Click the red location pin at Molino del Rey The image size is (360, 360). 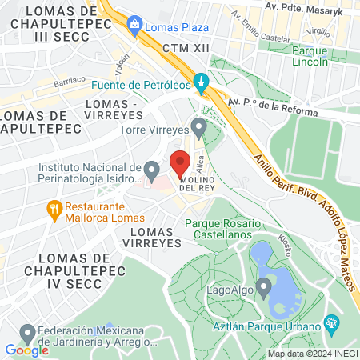click(180, 163)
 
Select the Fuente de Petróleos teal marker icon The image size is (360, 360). click(202, 81)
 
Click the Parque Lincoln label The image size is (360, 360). click(310, 56)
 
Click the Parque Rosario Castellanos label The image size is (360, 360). click(218, 230)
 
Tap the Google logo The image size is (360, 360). click(26, 350)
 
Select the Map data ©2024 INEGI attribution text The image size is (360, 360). click(312, 354)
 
